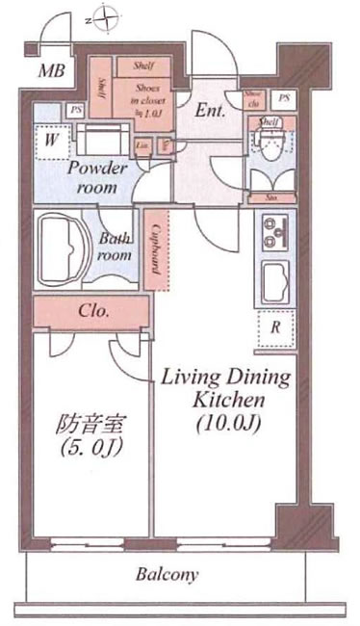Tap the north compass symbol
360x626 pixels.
coord(107,16)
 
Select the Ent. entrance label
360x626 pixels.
coord(210,110)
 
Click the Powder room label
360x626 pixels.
coord(95,176)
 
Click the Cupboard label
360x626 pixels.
coord(154,249)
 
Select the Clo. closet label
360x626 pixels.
coord(92,312)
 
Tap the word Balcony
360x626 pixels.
coord(167,576)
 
